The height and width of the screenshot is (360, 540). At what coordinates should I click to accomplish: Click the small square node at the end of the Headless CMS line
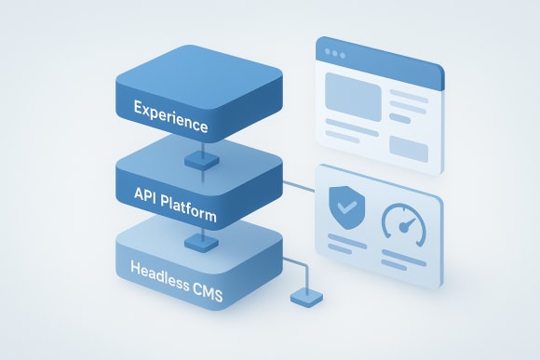click(x=304, y=298)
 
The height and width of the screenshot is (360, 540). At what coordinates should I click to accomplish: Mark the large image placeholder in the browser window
click(x=350, y=96)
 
